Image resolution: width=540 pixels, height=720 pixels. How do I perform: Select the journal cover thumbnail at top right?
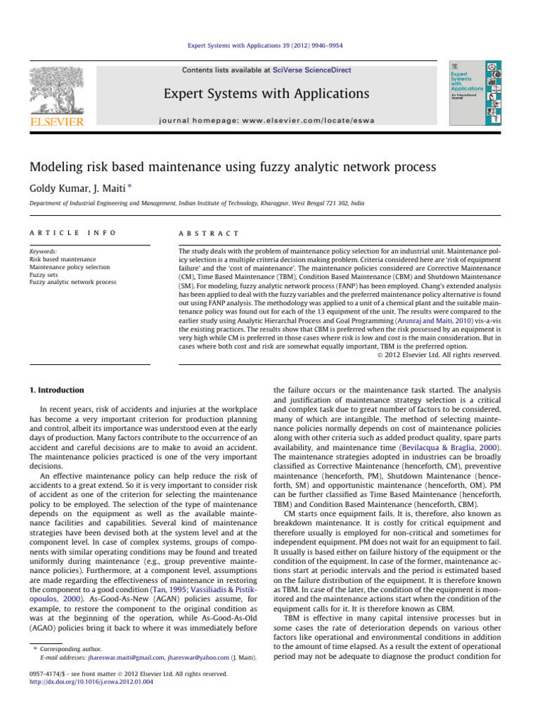pyautogui.click(x=475, y=94)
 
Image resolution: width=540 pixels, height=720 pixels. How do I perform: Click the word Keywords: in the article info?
pyautogui.click(x=52, y=251)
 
